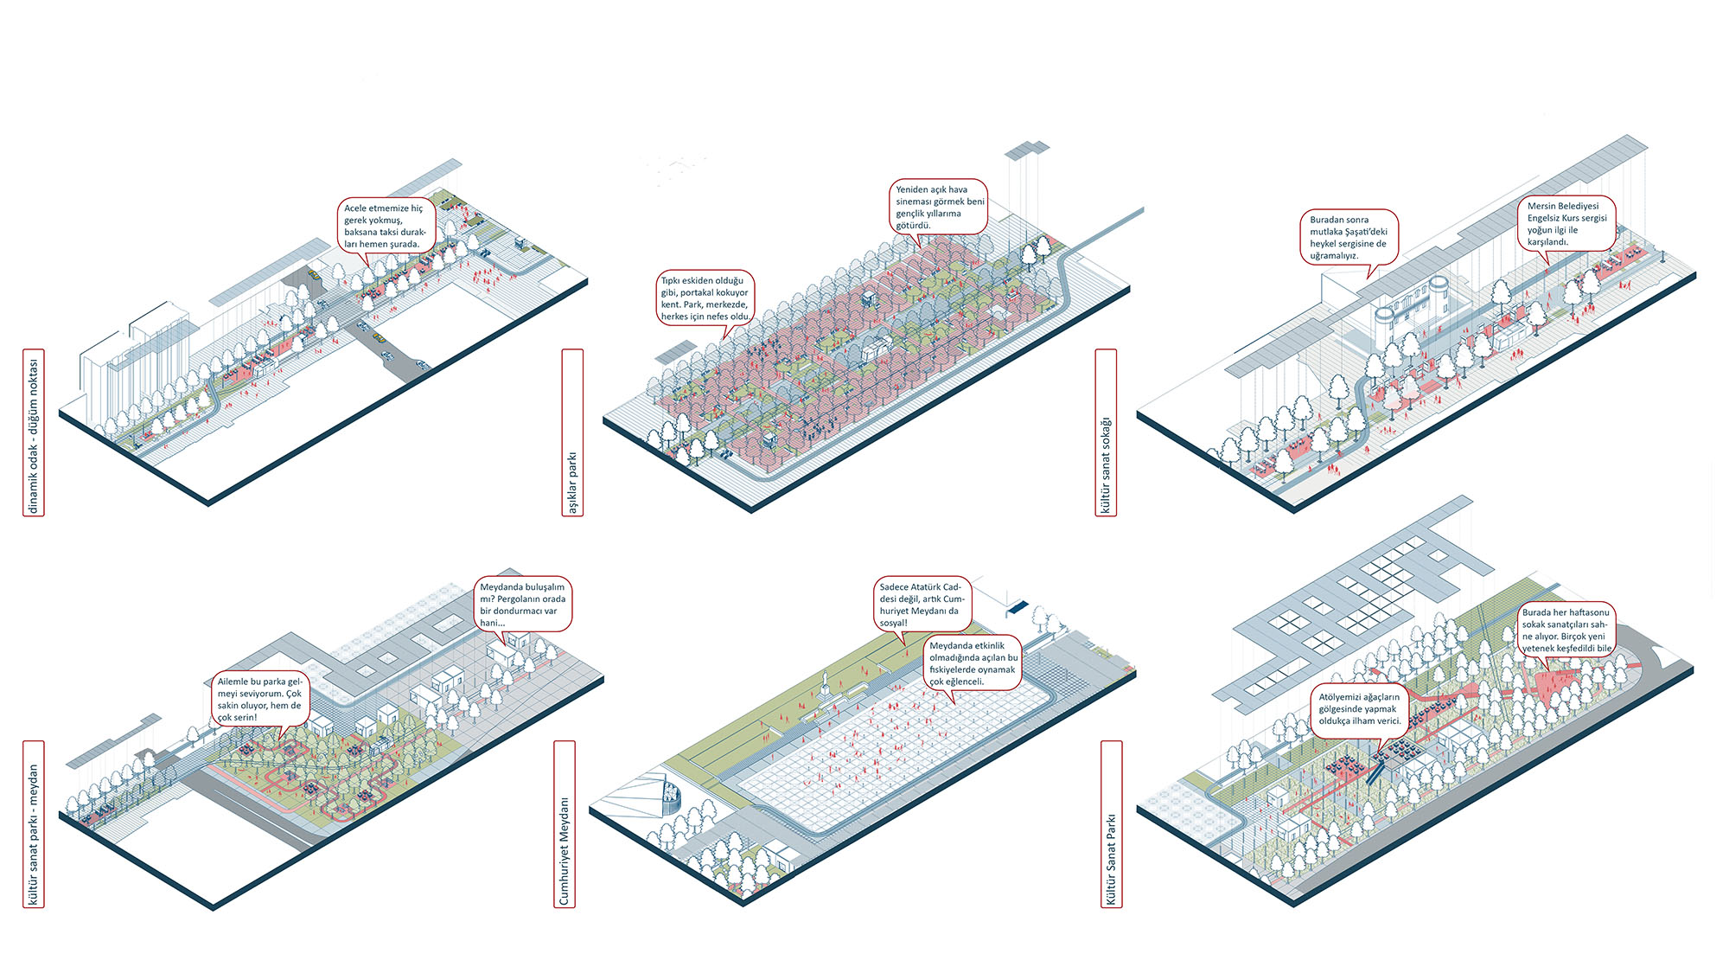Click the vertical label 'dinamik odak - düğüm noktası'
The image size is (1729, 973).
[34, 432]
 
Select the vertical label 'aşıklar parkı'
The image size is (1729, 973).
[572, 432]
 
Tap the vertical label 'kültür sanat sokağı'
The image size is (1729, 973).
[1106, 432]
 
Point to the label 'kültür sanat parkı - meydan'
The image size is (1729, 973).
[34, 824]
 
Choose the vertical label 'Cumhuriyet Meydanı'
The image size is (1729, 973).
[565, 824]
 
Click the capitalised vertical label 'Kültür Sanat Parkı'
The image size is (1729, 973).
[1112, 824]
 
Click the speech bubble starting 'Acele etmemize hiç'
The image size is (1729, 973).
[385, 226]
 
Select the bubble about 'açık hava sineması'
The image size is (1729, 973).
[939, 207]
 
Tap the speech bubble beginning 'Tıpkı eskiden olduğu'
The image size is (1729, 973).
[705, 298]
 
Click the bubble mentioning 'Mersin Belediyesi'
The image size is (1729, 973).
[1566, 224]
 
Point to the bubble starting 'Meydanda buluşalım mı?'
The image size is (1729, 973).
[523, 604]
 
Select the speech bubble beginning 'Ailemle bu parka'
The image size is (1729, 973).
[259, 699]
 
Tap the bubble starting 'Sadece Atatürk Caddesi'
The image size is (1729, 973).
[920, 604]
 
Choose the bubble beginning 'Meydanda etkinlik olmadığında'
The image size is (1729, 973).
[973, 663]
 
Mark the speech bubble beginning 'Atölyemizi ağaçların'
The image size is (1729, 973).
[1359, 708]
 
